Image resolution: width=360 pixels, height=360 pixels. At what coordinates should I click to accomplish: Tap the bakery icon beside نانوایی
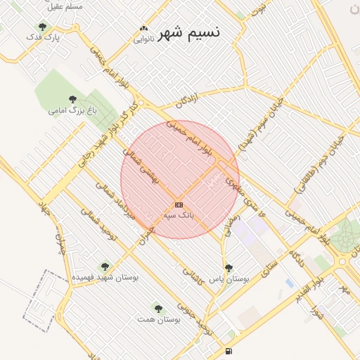click(144, 29)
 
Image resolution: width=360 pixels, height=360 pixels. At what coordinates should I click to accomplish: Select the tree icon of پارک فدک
click(42, 27)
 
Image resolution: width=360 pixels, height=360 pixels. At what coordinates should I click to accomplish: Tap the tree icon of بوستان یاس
click(229, 268)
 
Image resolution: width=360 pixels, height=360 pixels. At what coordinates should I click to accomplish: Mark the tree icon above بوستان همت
click(158, 308)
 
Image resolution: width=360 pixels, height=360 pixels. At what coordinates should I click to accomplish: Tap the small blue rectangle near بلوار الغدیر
click(290, 283)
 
